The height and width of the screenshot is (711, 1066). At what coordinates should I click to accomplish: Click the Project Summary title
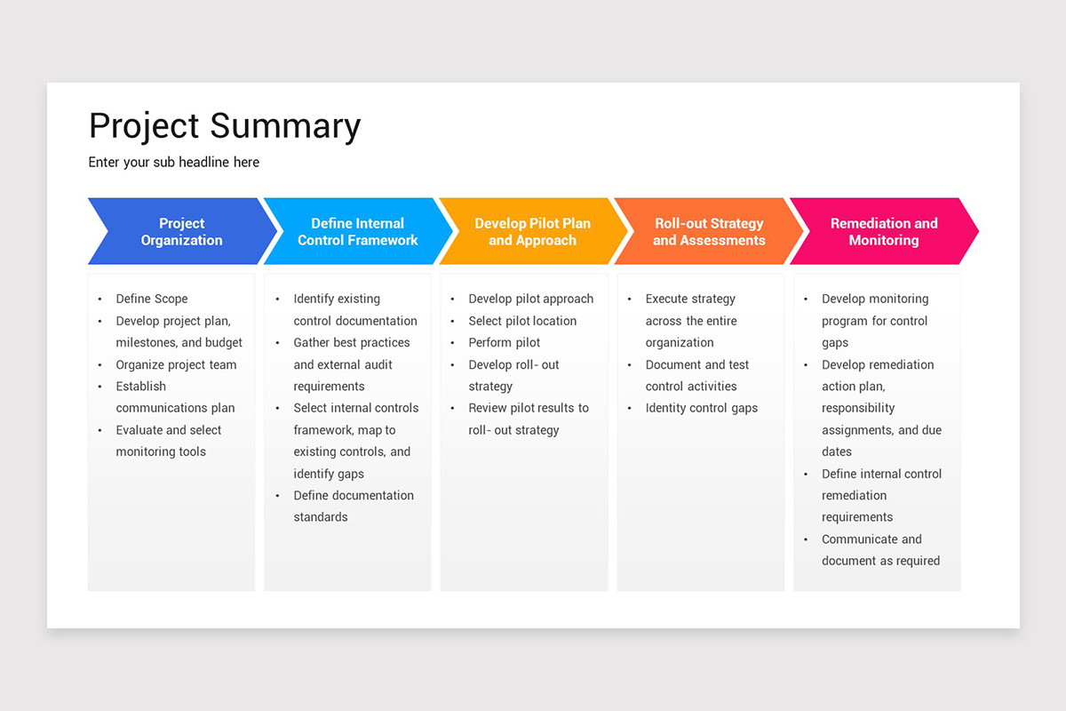point(225,126)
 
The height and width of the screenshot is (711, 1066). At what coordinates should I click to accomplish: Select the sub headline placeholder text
point(174,162)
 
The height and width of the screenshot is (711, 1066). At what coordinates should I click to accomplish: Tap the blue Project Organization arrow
point(181,232)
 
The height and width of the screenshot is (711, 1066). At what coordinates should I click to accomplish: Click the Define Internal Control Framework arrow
point(357,232)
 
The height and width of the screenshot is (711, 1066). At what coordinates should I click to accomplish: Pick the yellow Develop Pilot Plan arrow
point(532,232)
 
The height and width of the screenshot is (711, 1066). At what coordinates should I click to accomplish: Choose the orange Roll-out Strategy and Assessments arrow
point(709,232)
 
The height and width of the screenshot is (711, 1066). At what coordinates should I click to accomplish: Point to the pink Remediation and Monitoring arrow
point(883,232)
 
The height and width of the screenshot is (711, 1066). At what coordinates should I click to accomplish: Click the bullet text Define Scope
point(152,299)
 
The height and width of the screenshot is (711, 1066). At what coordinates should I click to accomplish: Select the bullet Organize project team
point(176,364)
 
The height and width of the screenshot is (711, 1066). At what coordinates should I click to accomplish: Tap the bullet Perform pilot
point(505,342)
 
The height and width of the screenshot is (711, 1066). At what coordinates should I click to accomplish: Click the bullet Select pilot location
point(522,321)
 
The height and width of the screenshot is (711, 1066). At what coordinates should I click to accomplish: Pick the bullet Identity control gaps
point(701,408)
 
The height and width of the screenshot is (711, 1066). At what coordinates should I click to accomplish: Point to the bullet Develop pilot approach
point(530,299)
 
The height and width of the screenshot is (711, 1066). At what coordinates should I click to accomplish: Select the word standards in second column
point(321,517)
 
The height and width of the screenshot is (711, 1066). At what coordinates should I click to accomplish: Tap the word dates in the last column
point(837,451)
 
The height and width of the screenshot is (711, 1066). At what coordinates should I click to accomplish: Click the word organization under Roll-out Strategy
point(680,342)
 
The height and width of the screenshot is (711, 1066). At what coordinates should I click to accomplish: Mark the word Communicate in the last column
point(859,539)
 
